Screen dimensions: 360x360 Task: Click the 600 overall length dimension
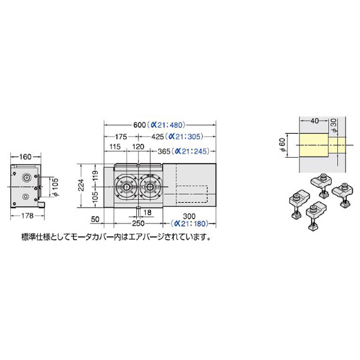(x=140, y=125)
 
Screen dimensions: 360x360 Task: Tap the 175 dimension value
(x=121, y=137)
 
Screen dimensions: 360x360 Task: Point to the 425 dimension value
(x=157, y=137)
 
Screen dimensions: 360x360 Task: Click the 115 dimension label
(x=115, y=146)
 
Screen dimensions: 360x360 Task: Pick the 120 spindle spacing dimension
(x=138, y=146)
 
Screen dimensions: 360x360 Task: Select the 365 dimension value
(x=164, y=152)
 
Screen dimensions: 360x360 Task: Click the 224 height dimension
(x=82, y=185)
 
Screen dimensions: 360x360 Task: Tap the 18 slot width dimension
(x=147, y=212)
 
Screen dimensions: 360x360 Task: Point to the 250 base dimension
(x=138, y=223)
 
